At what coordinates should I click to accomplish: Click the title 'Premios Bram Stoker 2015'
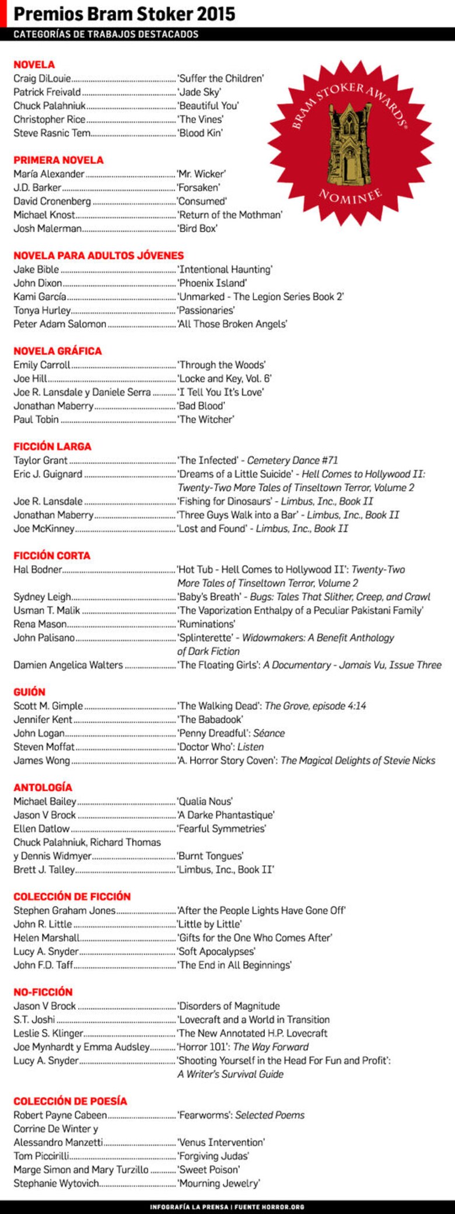coord(124,13)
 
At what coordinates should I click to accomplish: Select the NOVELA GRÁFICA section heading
coord(58,351)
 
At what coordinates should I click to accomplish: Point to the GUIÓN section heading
coord(29,692)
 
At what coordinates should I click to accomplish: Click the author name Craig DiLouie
coord(42,79)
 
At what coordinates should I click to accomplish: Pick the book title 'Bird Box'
coord(198,229)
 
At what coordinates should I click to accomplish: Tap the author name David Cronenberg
coord(52,201)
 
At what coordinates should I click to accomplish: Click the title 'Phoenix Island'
coord(212,283)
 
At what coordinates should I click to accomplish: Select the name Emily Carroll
coord(41,365)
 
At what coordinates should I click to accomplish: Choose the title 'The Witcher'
coord(206,419)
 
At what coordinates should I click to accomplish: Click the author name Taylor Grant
coord(40,460)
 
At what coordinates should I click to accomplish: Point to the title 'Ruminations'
coord(206,624)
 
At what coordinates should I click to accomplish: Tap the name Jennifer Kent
coord(43,719)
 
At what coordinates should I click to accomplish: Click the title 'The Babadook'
coord(210,719)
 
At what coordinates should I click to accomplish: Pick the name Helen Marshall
coord(47,937)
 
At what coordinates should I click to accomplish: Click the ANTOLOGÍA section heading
coord(43,788)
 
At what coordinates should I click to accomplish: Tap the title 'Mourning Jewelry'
coord(219,1183)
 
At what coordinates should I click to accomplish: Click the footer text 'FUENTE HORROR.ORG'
coord(269,1206)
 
